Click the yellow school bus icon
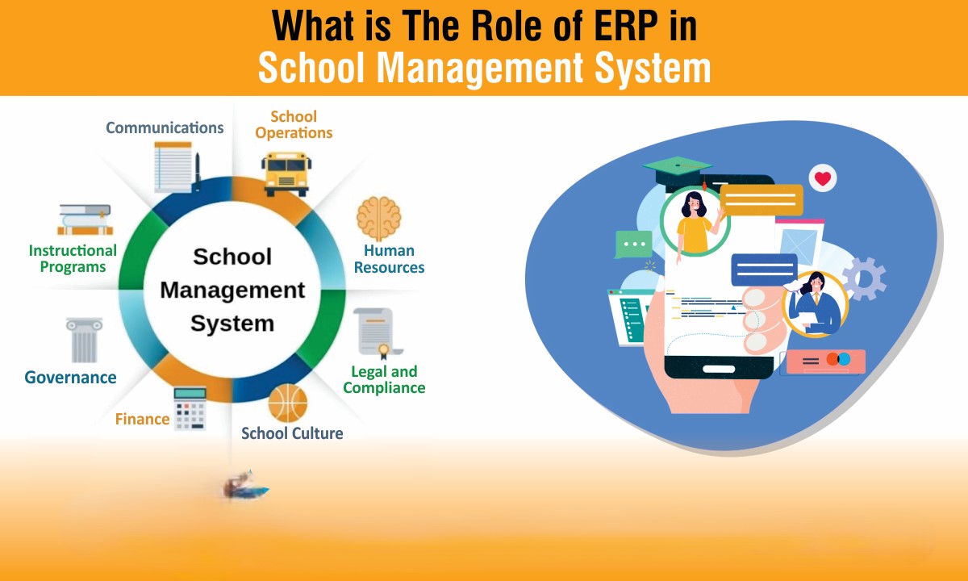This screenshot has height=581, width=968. (286, 173)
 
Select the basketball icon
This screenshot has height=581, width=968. (288, 403)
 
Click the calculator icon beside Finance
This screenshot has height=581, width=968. (190, 409)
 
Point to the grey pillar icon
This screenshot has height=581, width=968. (84, 341)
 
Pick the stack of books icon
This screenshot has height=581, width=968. (86, 220)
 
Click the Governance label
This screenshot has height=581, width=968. (70, 378)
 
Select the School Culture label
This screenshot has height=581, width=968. (292, 433)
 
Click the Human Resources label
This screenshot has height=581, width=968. (390, 259)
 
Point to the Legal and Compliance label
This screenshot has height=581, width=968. (384, 379)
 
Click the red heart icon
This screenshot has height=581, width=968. (823, 178)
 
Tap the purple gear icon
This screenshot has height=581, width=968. (864, 279)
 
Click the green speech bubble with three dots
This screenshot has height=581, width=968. (634, 245)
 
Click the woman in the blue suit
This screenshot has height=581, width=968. (815, 303)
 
